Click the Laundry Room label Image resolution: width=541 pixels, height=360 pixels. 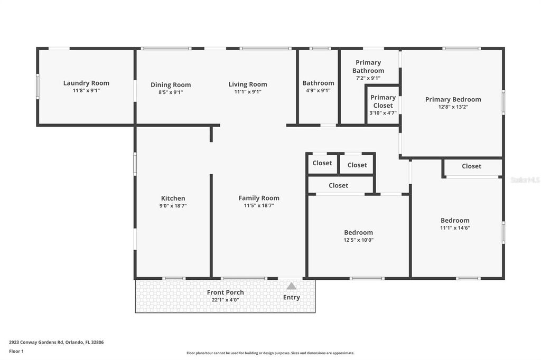coord(86,83)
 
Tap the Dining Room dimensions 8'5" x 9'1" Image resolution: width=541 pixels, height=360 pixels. coord(171,92)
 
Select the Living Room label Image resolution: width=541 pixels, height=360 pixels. coord(248,84)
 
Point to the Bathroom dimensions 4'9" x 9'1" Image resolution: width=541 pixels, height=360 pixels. coord(318,90)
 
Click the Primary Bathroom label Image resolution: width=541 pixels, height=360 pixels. coord(368,67)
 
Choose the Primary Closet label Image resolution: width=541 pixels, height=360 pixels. coord(383,101)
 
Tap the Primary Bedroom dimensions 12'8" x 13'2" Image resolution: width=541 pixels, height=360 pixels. coord(453,107)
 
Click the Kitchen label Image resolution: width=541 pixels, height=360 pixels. coord(173,198)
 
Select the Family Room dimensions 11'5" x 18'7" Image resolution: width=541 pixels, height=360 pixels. coord(259,206)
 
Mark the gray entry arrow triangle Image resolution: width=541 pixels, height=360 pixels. coord(292,286)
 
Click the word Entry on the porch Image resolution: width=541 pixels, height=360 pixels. coord(292,297)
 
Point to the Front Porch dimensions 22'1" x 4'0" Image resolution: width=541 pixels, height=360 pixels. coord(226,300)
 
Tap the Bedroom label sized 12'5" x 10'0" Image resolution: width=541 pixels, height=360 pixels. coord(358,232)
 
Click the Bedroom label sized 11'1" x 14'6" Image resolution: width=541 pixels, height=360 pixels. coord(455,221)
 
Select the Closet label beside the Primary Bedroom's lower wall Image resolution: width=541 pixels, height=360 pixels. coord(471,166)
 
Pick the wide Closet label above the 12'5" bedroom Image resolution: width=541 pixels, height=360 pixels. coord(338,185)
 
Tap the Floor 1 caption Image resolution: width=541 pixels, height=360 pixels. coord(17,351)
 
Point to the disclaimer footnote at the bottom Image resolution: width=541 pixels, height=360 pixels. coord(270,353)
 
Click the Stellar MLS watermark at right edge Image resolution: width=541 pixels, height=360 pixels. coord(525,180)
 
